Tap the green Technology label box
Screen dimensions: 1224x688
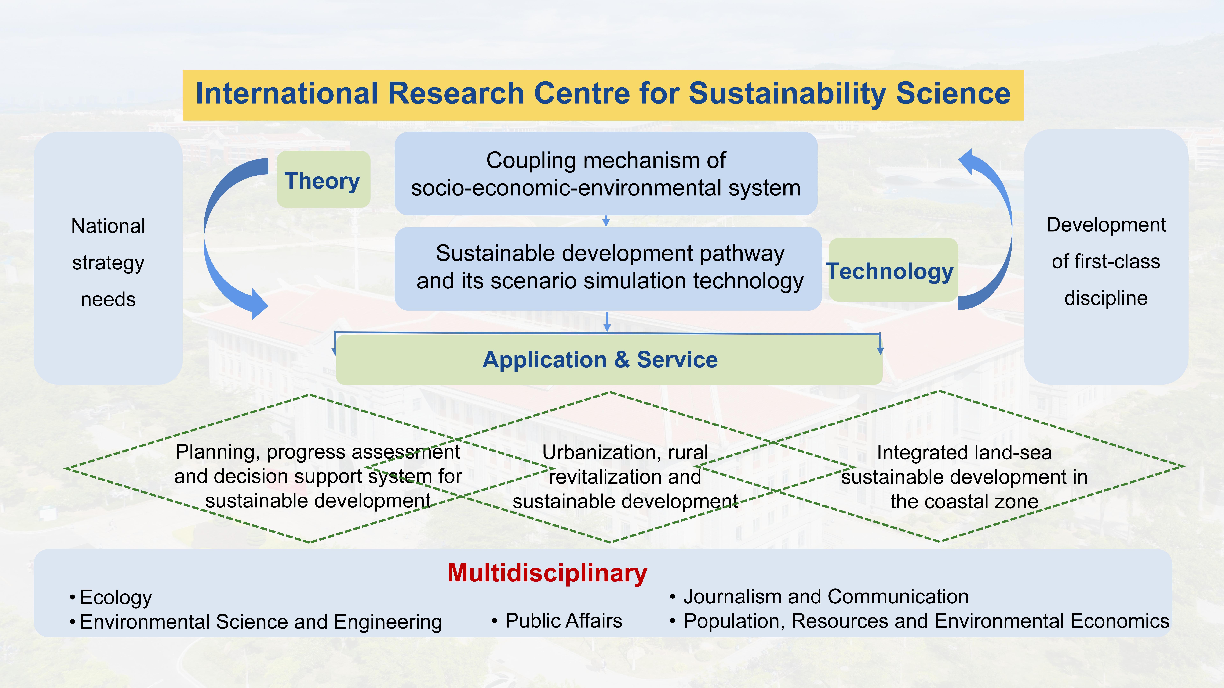click(x=893, y=270)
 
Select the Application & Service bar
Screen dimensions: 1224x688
click(x=609, y=359)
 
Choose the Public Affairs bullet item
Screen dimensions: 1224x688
click(x=557, y=621)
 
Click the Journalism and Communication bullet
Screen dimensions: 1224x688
click(x=819, y=596)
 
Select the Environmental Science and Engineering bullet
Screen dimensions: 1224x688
click(x=256, y=622)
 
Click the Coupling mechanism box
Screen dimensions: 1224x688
click(x=606, y=174)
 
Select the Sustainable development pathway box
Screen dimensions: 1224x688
click(x=608, y=269)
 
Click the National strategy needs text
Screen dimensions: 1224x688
click(x=108, y=263)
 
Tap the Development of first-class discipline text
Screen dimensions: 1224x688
click(x=1106, y=261)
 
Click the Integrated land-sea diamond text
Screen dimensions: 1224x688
click(x=965, y=477)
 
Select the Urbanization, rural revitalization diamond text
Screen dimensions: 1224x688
click(x=625, y=477)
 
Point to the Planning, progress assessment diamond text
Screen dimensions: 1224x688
click(x=318, y=476)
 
